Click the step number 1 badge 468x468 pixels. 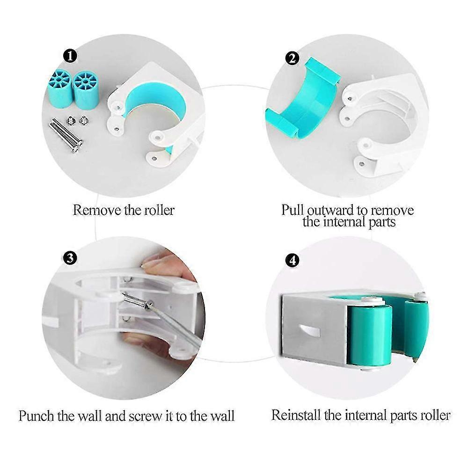click(x=71, y=56)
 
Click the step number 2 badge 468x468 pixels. click(x=292, y=58)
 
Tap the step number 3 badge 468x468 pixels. click(x=71, y=258)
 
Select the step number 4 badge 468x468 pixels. click(x=292, y=260)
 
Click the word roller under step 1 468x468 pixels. click(x=159, y=210)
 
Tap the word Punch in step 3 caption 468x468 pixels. click(x=37, y=416)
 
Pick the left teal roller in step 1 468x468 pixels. click(x=60, y=89)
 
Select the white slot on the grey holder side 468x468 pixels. click(x=309, y=331)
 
